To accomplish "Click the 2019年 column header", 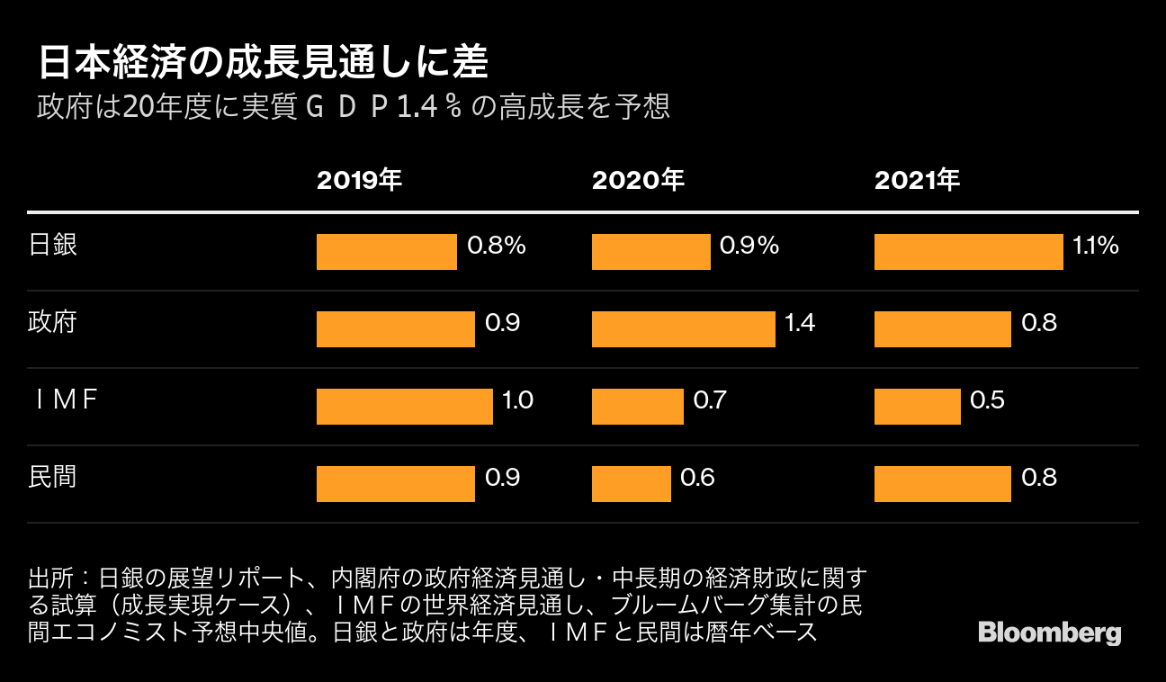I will pos(358,181).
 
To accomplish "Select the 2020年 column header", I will pos(637,181).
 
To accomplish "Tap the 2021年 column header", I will pos(917,181).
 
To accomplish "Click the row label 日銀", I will pos(53,245).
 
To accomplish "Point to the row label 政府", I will pos(53,322).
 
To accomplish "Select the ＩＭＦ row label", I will pos(64,399).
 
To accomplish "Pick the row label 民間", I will pos(53,477).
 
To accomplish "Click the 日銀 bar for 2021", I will pos(968,252).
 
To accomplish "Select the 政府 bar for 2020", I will pos(683,329).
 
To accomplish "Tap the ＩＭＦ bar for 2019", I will pos(404,407).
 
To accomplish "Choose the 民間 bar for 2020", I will pos(631,484).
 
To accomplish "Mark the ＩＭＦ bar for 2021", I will pos(917,407).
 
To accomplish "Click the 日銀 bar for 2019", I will pos(387,252).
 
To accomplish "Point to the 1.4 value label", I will pos(800,322).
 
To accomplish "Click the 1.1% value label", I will pos(1096,245).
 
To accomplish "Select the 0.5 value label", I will pos(987,399).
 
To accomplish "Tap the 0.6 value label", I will pos(697,477).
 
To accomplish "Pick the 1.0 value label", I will pos(517,399).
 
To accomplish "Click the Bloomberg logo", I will pos(1049,633).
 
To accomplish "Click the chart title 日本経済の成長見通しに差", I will pos(263,65).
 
